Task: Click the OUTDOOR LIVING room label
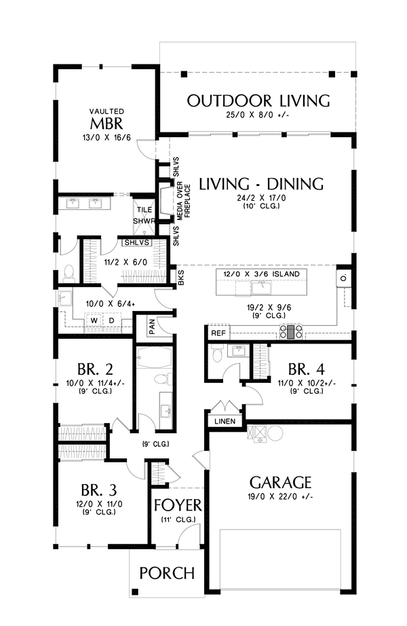point(258,101)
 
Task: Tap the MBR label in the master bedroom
point(106,124)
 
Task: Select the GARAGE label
point(280,483)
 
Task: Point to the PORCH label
point(167,573)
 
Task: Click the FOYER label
point(178,505)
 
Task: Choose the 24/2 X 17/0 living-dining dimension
point(261,198)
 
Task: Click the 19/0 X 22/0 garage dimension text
point(280,497)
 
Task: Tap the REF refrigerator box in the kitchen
point(218,333)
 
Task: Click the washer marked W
point(94,320)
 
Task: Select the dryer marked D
point(112,320)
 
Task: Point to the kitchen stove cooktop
point(292,332)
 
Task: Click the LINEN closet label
point(225,421)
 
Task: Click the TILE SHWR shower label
point(144,215)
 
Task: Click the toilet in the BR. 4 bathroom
point(217,353)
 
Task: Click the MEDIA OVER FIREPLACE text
point(184,199)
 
